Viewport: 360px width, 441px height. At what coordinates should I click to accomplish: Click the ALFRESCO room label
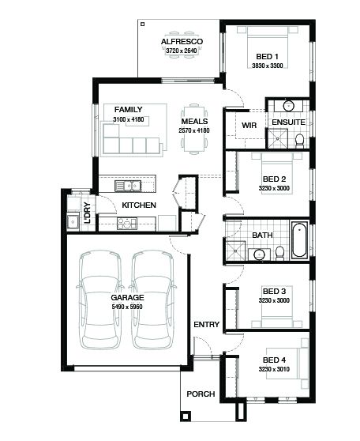(182, 42)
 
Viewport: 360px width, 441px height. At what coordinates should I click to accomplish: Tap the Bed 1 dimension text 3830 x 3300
(268, 66)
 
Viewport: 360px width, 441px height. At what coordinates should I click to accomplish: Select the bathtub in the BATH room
(299, 239)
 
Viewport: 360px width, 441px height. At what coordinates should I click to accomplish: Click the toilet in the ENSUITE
(299, 140)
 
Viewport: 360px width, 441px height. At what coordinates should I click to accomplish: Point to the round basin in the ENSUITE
(289, 106)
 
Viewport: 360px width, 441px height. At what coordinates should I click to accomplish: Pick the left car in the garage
(100, 300)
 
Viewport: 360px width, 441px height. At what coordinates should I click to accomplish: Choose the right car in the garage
(152, 300)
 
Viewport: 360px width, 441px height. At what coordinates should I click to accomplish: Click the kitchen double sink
(128, 186)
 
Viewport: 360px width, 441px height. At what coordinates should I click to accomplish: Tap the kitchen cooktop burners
(127, 224)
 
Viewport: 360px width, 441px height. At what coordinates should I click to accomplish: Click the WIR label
(249, 125)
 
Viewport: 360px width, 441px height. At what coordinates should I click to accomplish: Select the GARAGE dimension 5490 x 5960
(127, 307)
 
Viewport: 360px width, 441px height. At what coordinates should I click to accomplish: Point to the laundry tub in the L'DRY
(73, 222)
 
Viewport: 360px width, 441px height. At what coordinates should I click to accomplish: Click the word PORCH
(201, 394)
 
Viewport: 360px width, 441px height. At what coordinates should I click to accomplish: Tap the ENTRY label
(207, 324)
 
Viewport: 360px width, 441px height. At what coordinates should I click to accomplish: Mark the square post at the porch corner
(186, 416)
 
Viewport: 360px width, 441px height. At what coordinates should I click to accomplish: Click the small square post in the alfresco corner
(142, 24)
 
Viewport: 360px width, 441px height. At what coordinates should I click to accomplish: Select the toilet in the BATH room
(280, 253)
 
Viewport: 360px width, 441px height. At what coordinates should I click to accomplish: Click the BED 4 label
(274, 360)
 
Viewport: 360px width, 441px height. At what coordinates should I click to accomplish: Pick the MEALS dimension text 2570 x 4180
(194, 130)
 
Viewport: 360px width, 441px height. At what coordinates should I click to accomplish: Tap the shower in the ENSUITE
(278, 138)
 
